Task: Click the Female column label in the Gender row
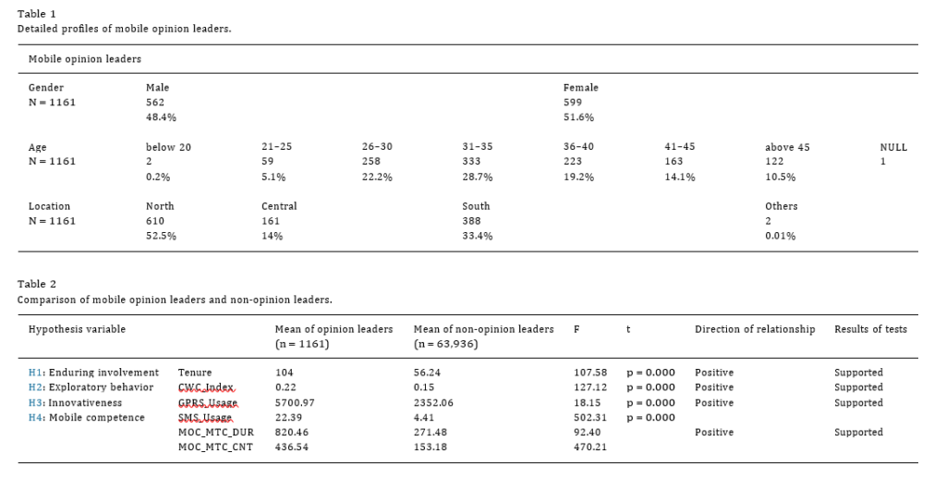580,88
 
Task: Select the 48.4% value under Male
161,117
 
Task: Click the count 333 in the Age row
471,161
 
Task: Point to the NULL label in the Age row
893,147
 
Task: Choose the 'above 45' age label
787,147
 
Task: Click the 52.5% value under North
161,236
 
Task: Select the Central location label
279,206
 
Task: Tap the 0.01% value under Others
780,236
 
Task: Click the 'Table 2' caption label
36,284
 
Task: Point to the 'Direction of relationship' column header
755,329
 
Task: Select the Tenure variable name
195,373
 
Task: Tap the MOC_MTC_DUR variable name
216,433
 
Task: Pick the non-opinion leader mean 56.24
428,373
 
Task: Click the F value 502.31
590,418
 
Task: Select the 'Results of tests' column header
870,329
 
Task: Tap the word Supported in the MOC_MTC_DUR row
858,433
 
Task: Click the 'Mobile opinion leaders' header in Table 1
84,59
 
